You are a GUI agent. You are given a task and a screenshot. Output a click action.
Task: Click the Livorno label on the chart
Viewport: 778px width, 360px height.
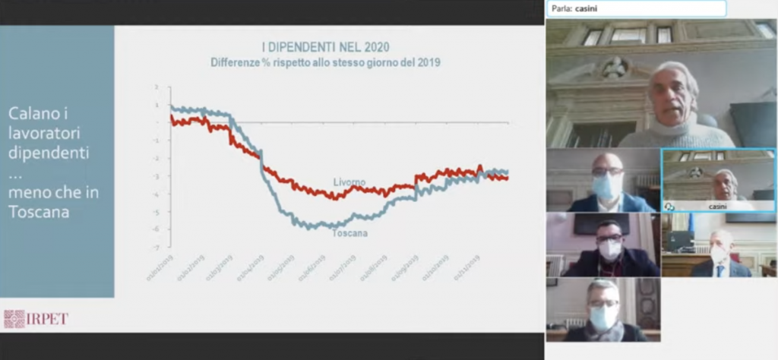coord(349,182)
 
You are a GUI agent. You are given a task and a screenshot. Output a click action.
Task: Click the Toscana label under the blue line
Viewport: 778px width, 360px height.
coord(349,233)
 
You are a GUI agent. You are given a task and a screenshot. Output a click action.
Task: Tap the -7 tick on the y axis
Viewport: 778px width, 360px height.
coord(157,248)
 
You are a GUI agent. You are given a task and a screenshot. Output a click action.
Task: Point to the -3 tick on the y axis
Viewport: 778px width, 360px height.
coord(157,176)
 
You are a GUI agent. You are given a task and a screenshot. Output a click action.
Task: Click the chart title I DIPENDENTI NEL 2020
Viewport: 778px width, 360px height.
coord(325,48)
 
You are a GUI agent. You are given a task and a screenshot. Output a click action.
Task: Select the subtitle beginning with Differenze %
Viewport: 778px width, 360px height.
coord(325,63)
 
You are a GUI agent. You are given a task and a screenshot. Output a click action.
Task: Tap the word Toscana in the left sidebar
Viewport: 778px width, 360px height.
coord(39,213)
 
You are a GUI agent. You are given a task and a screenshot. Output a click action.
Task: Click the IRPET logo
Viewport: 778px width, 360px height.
coord(36,318)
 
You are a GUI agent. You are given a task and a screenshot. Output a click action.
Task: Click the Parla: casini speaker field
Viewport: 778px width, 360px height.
coord(636,8)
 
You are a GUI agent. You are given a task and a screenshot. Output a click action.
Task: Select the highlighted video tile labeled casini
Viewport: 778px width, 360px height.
coord(719,180)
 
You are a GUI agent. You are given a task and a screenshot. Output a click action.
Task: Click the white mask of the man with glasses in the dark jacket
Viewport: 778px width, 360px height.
coord(609,249)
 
